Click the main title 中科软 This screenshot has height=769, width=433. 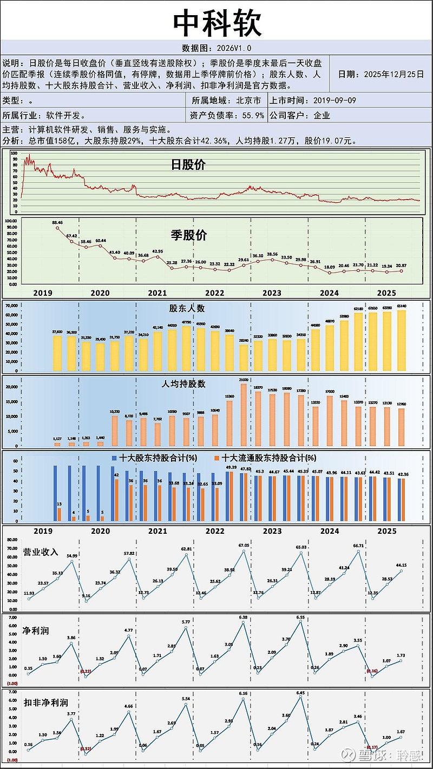click(216, 23)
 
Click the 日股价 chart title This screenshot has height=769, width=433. click(188, 165)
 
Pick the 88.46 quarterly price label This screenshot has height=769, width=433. click(57, 222)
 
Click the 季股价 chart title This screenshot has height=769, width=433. click(189, 235)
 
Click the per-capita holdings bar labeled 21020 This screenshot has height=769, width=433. click(244, 414)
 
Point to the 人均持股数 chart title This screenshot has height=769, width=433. click(183, 384)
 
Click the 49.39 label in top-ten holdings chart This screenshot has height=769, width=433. click(231, 467)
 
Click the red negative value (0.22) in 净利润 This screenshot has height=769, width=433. click(86, 671)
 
